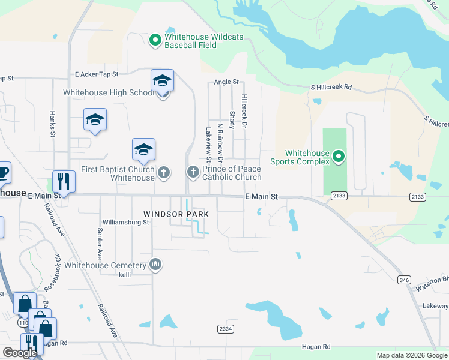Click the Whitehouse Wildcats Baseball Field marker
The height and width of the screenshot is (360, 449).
coord(155,40)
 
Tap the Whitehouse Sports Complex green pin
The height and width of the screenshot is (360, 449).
coord(339,157)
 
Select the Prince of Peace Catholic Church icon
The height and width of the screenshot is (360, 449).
coord(193,173)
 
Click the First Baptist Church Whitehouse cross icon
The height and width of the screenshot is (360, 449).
coord(163,173)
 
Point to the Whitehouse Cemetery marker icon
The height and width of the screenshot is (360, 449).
coord(155,265)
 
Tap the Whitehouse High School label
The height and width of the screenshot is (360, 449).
coord(109,92)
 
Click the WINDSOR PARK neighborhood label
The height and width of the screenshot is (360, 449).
coord(176,214)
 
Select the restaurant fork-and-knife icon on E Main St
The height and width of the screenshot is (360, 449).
coord(63,181)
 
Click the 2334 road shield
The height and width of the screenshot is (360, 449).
coord(224,328)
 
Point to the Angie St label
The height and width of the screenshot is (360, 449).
coord(226,82)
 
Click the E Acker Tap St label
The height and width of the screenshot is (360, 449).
coord(97,74)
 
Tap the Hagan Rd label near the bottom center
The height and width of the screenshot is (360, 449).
coord(318,347)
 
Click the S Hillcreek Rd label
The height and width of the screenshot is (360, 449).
coord(331,88)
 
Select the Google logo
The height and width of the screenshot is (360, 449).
coord(20,353)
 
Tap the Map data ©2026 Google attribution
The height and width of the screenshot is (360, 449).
coord(411,355)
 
